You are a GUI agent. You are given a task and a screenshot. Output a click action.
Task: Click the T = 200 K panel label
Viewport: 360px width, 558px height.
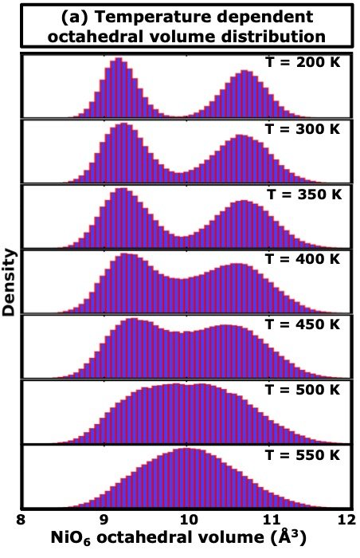[x=303, y=63]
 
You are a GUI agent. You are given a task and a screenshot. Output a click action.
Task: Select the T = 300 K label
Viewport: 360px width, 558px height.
[x=303, y=128]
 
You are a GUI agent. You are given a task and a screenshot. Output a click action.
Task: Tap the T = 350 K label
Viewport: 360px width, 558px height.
[x=304, y=195]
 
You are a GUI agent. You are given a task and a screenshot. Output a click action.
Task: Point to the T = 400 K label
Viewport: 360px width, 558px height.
[x=303, y=259]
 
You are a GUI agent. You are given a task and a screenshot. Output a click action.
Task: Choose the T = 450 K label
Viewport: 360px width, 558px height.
[x=303, y=324]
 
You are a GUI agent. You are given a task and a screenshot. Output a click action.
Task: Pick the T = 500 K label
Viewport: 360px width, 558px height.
[x=303, y=390]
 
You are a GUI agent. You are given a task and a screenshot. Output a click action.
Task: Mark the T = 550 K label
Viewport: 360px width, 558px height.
[x=303, y=455]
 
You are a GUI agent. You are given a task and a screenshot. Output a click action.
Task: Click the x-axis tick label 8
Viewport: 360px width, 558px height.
[x=21, y=519]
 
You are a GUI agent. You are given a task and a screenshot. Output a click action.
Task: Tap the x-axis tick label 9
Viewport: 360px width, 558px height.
[x=104, y=519]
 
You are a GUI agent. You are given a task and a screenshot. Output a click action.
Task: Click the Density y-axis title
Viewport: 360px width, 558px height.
[x=9, y=282]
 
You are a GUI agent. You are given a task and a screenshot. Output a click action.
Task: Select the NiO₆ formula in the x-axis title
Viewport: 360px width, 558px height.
[x=72, y=539]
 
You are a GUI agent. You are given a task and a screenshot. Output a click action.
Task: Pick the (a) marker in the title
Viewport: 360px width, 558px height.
[x=74, y=17]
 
